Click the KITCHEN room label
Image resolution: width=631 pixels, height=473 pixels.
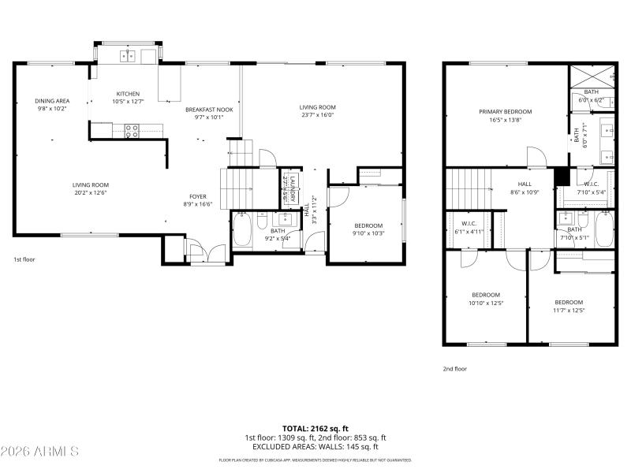pyautogui.click(x=128, y=93)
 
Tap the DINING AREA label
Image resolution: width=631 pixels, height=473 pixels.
pyautogui.click(x=52, y=101)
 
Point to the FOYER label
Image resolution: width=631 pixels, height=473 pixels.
pyautogui.click(x=197, y=196)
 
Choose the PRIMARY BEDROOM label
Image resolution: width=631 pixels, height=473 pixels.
pyautogui.click(x=506, y=112)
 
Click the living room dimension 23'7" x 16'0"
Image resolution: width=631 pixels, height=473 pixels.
pyautogui.click(x=317, y=114)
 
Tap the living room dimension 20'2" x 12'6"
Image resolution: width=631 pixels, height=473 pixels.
pyautogui.click(x=91, y=192)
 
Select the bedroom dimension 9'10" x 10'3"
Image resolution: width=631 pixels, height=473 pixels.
pyautogui.click(x=368, y=233)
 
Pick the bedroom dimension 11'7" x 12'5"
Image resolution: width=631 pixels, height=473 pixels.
pyautogui.click(x=569, y=309)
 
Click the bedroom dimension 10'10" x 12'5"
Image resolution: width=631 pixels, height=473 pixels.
pyautogui.click(x=486, y=302)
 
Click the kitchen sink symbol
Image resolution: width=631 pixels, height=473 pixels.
pyautogui.click(x=128, y=55)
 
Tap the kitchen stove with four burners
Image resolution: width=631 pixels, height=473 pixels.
pyautogui.click(x=131, y=131)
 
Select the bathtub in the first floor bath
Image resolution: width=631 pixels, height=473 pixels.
pyautogui.click(x=242, y=230)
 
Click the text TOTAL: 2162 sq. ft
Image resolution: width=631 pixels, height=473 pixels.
pyautogui.click(x=315, y=428)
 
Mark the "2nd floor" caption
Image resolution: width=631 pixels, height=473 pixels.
pyautogui.click(x=454, y=368)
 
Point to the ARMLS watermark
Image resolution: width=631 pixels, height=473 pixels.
pyautogui.click(x=39, y=452)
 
